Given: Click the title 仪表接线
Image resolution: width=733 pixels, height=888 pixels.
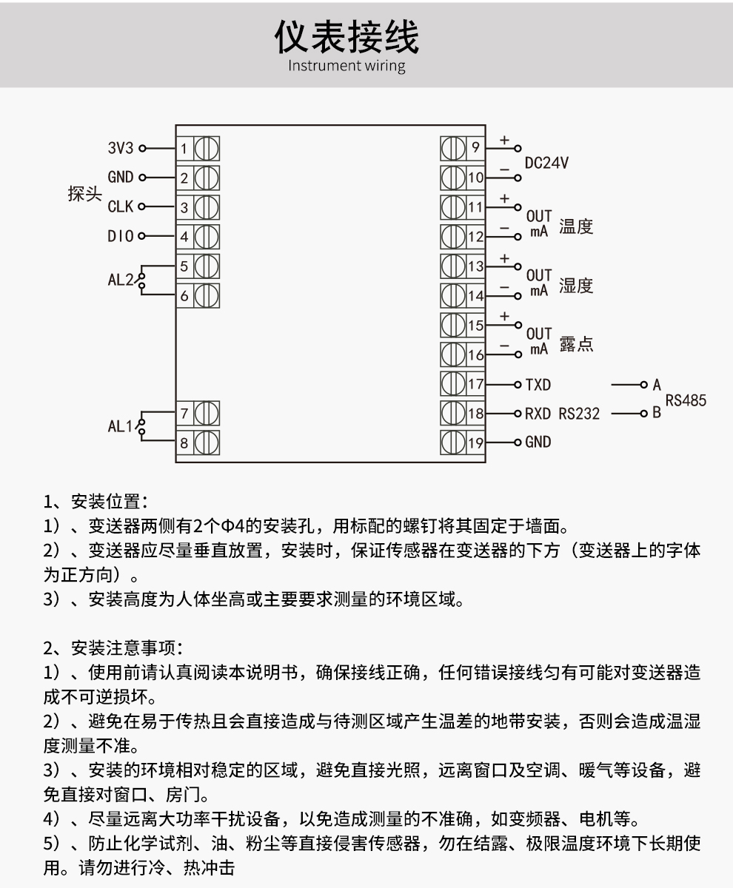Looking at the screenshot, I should (347, 37).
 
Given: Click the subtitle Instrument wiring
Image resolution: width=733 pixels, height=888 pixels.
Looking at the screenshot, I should (347, 66).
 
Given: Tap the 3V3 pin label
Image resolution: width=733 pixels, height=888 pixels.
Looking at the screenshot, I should (120, 148).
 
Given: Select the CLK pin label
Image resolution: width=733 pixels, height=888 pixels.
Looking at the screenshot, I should (120, 207).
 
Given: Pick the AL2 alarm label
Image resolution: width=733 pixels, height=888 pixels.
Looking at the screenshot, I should (121, 280).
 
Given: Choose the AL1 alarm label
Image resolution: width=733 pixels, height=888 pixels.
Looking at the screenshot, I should (121, 427).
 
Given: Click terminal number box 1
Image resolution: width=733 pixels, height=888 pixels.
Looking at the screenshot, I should (184, 149).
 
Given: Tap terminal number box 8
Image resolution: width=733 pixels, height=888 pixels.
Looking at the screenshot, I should (184, 443).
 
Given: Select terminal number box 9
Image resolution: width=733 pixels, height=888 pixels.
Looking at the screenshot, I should (475, 148).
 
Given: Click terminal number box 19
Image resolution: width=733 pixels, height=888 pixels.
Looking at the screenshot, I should (475, 443).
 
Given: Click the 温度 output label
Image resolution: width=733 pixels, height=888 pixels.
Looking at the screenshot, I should (576, 226).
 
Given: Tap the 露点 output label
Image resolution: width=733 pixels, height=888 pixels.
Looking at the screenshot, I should (576, 345).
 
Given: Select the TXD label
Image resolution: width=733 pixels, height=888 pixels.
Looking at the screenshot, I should (538, 385).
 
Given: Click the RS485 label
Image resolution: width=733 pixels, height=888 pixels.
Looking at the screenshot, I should (686, 400).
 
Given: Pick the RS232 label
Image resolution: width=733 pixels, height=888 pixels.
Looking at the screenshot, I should (579, 414).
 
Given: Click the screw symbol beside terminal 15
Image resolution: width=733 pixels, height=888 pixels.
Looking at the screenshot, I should (452, 325).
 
